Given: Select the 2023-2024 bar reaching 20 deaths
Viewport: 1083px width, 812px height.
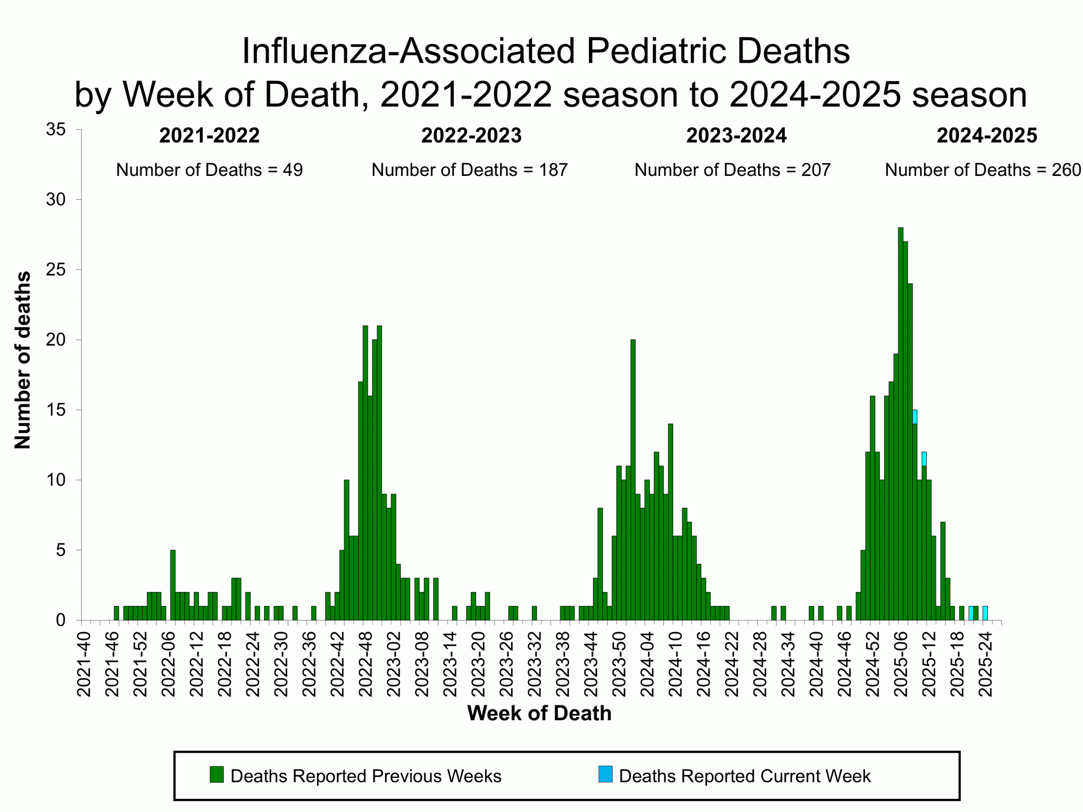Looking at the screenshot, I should pyautogui.click(x=633, y=480).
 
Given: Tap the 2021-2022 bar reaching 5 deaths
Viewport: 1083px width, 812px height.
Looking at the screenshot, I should pyautogui.click(x=173, y=585).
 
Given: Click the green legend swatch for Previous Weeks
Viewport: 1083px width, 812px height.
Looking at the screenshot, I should pyautogui.click(x=217, y=774).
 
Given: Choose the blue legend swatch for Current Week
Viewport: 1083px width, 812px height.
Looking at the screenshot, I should pyautogui.click(x=605, y=774).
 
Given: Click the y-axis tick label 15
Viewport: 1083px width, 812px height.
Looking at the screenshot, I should pyautogui.click(x=56, y=410).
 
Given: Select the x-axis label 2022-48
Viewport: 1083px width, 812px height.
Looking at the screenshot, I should pyautogui.click(x=366, y=664).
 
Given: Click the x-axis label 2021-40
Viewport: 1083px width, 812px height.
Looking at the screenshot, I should pyautogui.click(x=84, y=664).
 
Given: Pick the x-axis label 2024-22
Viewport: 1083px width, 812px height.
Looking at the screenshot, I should pyautogui.click(x=731, y=664).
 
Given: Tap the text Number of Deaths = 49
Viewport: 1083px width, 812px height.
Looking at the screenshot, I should pyautogui.click(x=209, y=170).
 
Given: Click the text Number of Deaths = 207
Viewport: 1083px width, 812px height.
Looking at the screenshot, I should pyautogui.click(x=732, y=170).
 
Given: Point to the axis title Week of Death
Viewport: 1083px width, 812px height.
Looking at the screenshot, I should pyautogui.click(x=539, y=713).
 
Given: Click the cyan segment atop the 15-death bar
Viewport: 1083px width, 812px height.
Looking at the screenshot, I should pyautogui.click(x=915, y=417).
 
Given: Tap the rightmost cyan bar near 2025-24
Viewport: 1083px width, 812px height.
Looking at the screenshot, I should pyautogui.click(x=985, y=613).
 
